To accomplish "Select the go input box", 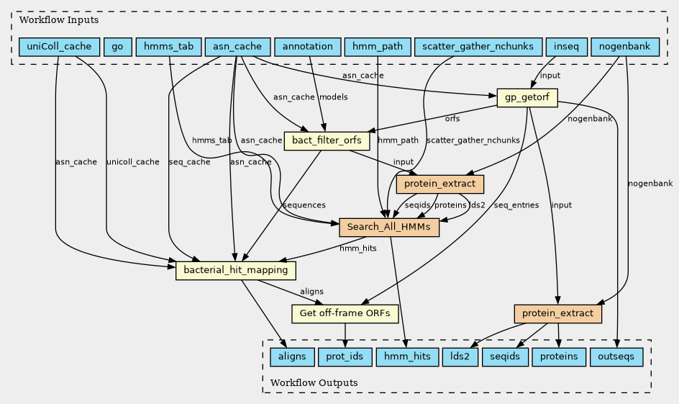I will (x=117, y=48).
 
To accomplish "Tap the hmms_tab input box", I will (x=168, y=48).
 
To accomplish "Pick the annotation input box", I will (x=307, y=48).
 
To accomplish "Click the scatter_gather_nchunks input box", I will (x=478, y=48).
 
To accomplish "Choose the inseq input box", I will (x=566, y=48).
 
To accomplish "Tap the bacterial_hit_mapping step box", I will (x=236, y=270).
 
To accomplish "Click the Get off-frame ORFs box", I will (x=345, y=313).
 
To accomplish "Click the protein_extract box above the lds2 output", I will (x=558, y=313).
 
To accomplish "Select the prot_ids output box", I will (x=346, y=356).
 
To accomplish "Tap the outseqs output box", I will (x=616, y=356).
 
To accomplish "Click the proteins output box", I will (x=558, y=356).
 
